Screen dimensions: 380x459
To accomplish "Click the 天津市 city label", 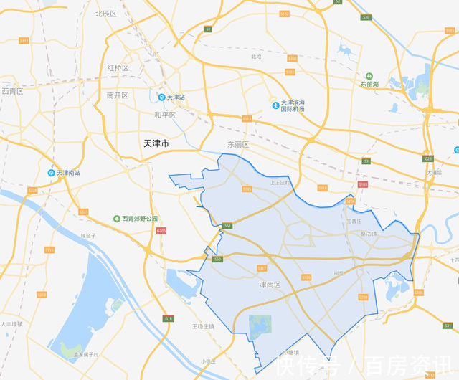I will pos(156,144).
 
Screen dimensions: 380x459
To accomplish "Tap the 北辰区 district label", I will pos(105,14).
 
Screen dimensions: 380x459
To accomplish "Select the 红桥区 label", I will pos(117,67).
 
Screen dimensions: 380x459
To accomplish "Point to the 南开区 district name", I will pos(117,95).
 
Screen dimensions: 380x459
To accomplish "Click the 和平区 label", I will pos(164,115).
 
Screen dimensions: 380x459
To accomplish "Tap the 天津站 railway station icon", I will pos(162,97).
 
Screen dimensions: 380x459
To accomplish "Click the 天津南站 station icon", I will pos(51,173).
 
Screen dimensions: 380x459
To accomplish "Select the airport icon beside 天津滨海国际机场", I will pos(275,105).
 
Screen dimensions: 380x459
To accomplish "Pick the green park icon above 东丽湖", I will pos(369,75).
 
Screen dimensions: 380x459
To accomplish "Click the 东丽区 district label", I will pos(238,144).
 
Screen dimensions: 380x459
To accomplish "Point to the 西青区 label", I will pos(12,91).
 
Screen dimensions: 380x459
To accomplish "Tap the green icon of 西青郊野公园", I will pos(115,219).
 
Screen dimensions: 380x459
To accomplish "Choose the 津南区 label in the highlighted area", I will pos(270,285).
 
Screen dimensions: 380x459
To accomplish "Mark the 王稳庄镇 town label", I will pos(203,326).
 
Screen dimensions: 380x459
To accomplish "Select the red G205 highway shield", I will pos(161,230).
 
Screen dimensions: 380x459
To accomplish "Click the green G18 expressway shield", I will pos(169,318).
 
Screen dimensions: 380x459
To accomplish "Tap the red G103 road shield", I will pos(362,184).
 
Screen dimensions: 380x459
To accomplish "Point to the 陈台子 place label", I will pos(88,235).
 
